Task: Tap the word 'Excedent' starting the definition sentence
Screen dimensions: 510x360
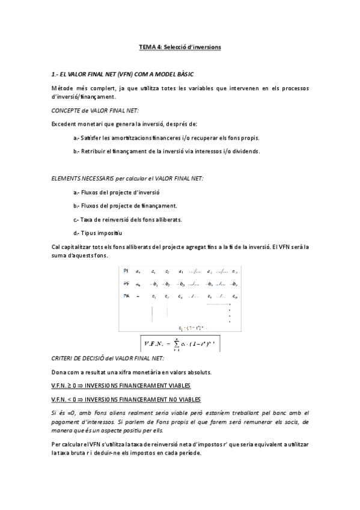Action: pyautogui.click(x=64, y=124)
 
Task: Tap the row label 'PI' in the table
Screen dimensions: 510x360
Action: pyautogui.click(x=126, y=271)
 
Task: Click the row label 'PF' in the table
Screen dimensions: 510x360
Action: pyautogui.click(x=126, y=283)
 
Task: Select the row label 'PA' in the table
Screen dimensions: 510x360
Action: pyautogui.click(x=126, y=296)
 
